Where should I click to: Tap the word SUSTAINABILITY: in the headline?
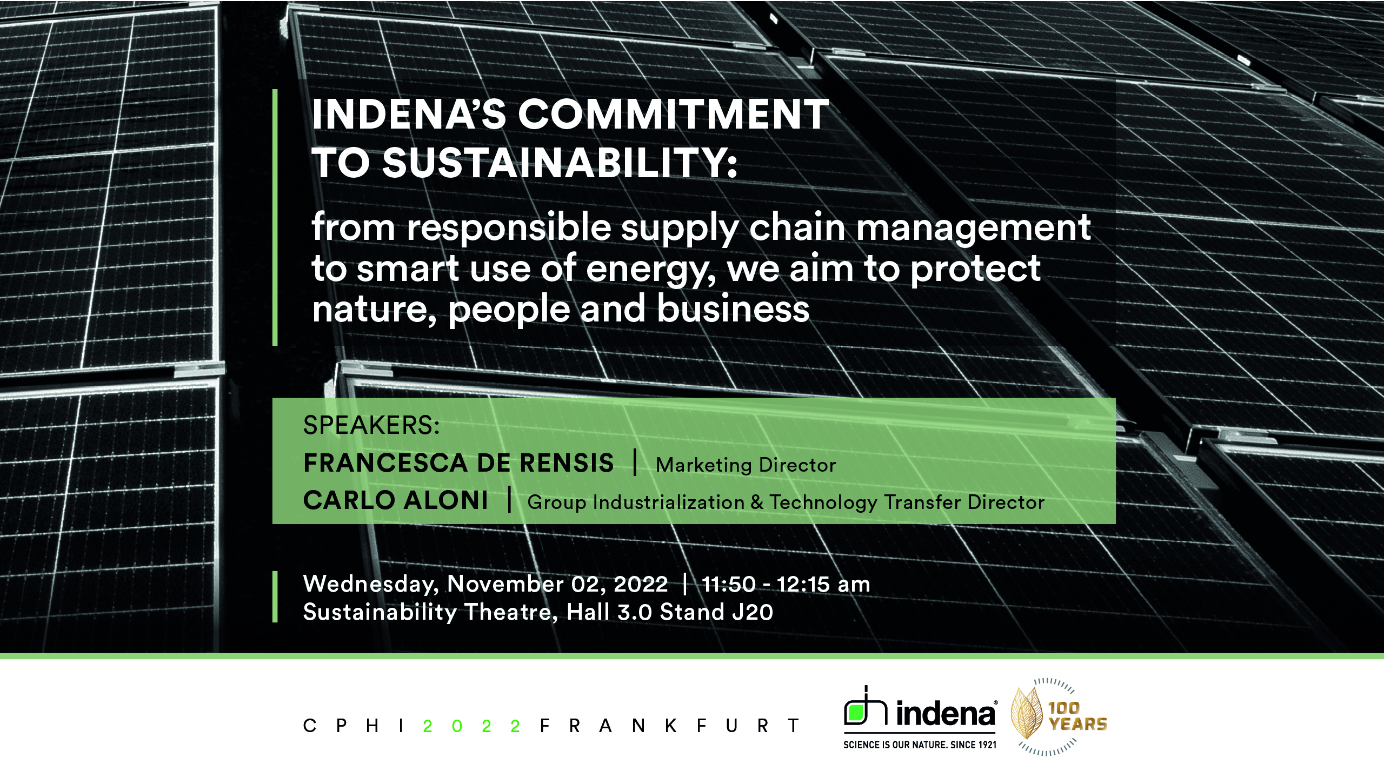pos(560,163)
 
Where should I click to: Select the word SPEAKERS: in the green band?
pos(371,426)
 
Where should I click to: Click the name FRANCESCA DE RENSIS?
pos(458,464)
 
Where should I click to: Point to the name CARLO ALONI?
pos(396,501)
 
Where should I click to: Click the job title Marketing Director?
pos(746,465)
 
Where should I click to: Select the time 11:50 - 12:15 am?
pos(786,585)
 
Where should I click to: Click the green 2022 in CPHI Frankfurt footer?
pos(472,726)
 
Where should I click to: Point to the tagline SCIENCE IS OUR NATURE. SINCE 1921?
pos(920,745)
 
